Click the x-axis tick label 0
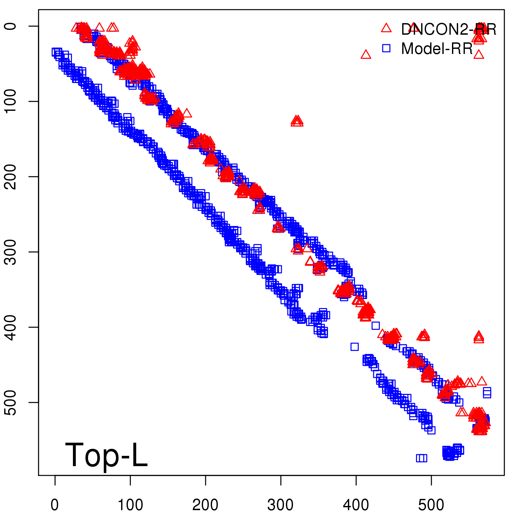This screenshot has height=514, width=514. coord(55,505)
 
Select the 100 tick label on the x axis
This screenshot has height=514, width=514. coord(130,505)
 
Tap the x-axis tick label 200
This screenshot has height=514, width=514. coord(205,505)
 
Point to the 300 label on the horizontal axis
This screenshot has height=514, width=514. coord(280,505)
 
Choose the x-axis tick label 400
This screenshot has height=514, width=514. coord(356,505)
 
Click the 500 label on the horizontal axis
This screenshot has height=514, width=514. coord(431,505)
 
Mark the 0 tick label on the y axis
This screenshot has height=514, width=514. coord(11,26)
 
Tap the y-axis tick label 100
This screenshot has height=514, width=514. coord(11,101)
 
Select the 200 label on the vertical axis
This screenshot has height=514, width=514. coord(11,176)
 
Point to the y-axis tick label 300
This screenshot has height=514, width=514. coord(11,252)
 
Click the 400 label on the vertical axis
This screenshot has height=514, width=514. coord(11,327)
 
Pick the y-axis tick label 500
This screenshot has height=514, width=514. coord(11,402)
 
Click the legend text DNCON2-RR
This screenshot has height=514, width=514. coord(448,30)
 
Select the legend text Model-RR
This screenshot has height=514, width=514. coord(437,49)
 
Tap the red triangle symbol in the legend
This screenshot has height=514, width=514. coord(386,28)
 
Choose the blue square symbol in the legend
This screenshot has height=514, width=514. coord(386,49)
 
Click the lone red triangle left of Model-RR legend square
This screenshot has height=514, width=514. coord(366,55)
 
